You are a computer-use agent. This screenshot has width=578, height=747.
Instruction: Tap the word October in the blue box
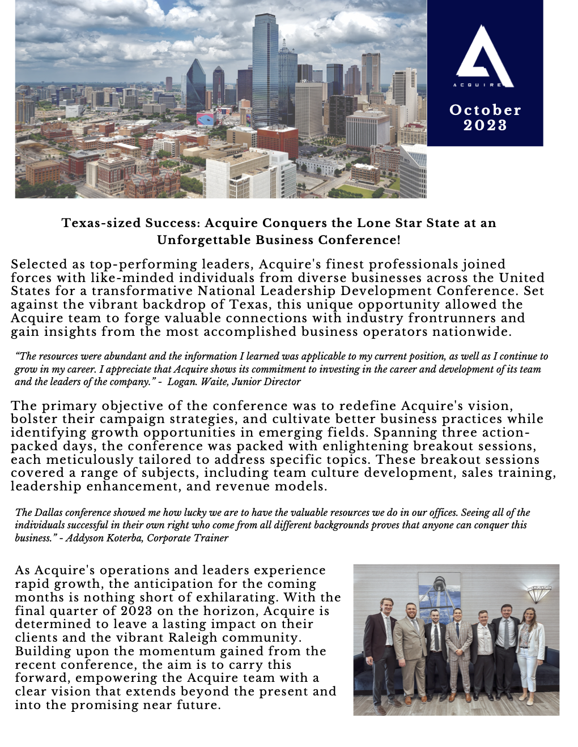click(x=485, y=110)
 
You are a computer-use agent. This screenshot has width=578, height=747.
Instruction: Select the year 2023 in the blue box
click(x=485, y=125)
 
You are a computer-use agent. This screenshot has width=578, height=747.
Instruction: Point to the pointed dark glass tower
click(x=195, y=88)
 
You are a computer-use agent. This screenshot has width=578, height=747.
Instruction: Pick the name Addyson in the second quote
click(x=83, y=538)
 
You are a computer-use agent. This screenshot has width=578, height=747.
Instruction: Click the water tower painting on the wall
click(x=439, y=592)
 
